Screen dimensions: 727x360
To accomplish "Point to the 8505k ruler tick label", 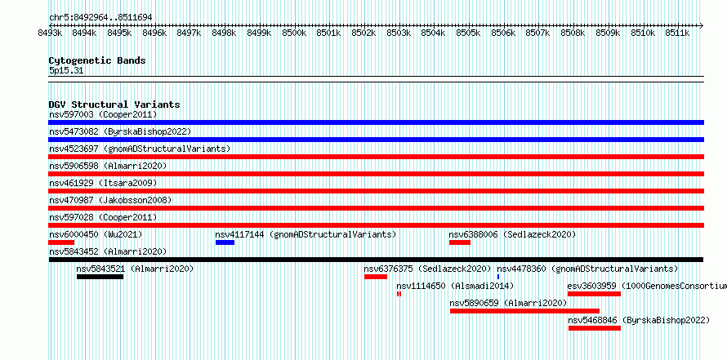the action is click(x=468, y=33).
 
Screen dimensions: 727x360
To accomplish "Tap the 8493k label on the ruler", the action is click(x=50, y=33).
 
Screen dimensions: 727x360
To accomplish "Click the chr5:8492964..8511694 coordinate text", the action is click(x=100, y=18).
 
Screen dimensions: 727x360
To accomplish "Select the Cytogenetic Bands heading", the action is click(x=97, y=60).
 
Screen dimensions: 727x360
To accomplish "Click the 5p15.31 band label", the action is click(x=66, y=71).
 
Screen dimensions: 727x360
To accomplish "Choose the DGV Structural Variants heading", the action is click(x=114, y=104).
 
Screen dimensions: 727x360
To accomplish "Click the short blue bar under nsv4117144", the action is click(x=225, y=242).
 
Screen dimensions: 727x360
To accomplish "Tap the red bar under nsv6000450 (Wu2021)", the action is click(x=61, y=242).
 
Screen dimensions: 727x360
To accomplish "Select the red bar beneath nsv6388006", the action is click(x=460, y=242).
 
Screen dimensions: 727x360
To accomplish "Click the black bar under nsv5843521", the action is click(x=100, y=277).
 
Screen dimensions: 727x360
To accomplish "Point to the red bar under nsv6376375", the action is click(x=376, y=277).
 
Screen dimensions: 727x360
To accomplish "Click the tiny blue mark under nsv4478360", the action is click(x=498, y=277).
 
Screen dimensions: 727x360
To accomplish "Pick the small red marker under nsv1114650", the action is click(x=399, y=294).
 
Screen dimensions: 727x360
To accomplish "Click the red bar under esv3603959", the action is click(x=594, y=294).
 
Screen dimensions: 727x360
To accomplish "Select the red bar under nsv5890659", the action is click(x=525, y=311).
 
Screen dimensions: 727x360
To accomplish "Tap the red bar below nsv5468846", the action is click(x=595, y=328).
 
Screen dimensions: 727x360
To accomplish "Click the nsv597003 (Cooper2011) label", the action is click(x=103, y=114).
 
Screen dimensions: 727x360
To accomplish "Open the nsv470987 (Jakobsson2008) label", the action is click(x=110, y=200).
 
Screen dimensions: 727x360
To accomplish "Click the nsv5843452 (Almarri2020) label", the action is click(x=108, y=251).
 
